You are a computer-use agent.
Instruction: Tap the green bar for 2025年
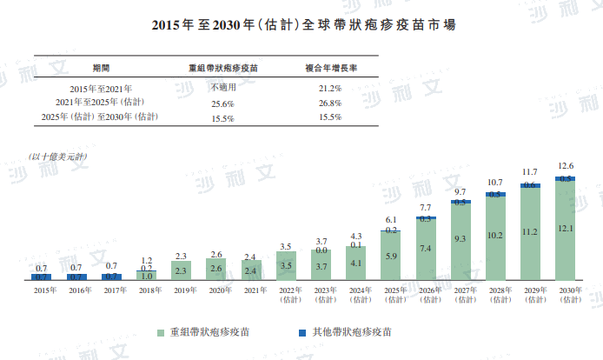click(391, 256)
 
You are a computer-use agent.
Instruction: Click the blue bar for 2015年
click(41, 277)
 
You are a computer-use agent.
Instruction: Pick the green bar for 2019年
click(182, 270)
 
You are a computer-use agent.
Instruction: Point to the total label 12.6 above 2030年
click(566, 165)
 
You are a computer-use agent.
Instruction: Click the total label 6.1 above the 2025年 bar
click(391, 220)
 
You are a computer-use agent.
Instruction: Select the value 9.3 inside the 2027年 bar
click(461, 238)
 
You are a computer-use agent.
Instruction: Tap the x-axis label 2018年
click(147, 290)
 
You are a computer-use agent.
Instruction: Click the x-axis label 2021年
click(251, 290)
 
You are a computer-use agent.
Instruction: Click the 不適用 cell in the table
click(222, 88)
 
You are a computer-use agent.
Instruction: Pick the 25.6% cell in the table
click(222, 103)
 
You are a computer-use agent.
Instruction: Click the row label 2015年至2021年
click(103, 88)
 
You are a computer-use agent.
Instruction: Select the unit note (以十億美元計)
click(58, 156)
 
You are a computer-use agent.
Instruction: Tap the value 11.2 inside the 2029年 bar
click(531, 232)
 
